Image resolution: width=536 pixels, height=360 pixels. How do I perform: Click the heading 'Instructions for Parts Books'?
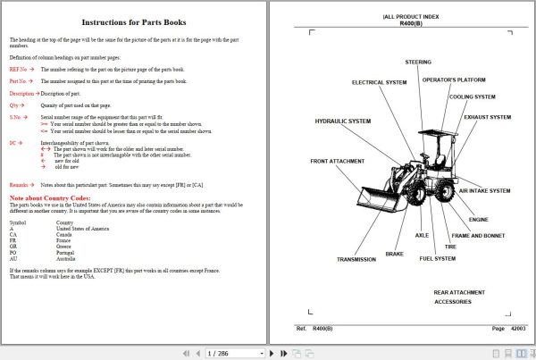click(134, 22)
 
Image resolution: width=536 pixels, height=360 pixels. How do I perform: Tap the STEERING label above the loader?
click(418, 63)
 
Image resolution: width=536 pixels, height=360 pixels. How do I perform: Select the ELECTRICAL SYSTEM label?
click(379, 82)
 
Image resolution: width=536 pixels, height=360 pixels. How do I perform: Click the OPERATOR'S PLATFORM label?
click(454, 80)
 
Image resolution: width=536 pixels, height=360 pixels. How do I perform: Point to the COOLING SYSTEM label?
click(473, 97)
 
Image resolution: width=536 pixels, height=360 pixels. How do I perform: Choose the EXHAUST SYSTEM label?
click(488, 117)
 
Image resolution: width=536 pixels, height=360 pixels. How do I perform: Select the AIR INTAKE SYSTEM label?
click(485, 190)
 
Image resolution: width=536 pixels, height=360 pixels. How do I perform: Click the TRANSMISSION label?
click(356, 259)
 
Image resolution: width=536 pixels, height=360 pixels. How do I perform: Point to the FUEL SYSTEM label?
click(438, 258)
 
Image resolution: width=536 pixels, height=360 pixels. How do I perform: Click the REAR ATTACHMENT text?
click(460, 292)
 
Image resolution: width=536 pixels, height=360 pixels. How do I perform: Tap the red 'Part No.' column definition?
click(21, 80)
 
